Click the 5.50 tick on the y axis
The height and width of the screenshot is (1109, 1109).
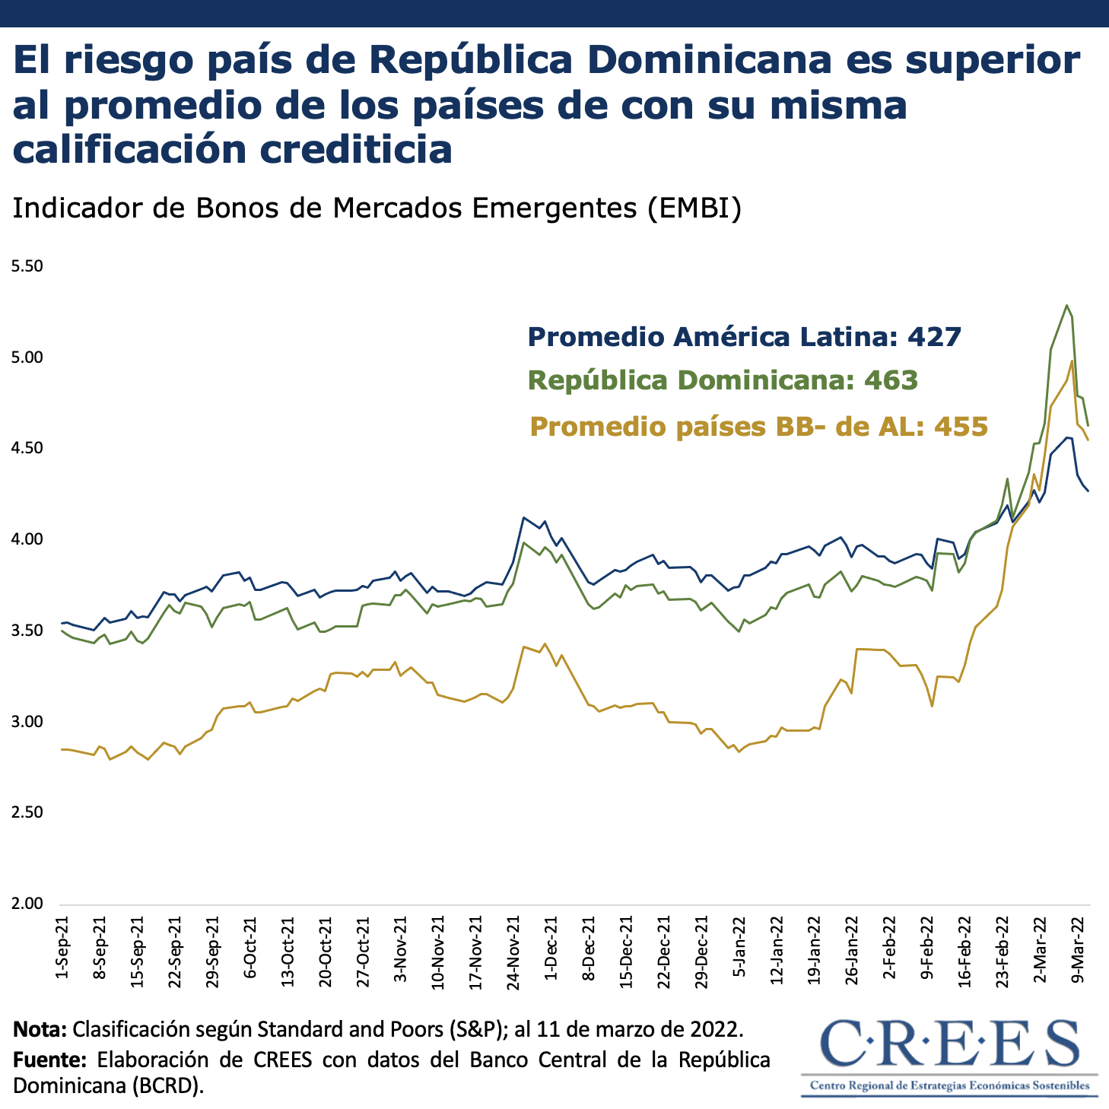[27, 266]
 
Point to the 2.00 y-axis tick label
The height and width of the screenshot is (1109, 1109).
[27, 904]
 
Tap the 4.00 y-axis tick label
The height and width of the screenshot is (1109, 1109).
[27, 539]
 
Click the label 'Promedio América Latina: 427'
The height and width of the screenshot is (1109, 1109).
[745, 336]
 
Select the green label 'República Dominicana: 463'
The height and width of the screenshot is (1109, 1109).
[723, 380]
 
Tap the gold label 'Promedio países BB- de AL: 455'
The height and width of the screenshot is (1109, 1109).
[758, 426]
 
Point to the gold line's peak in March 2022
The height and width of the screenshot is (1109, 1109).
[1072, 361]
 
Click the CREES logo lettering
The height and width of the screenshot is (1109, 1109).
[950, 1043]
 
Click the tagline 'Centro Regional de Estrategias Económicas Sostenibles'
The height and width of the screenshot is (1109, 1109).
[949, 1085]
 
